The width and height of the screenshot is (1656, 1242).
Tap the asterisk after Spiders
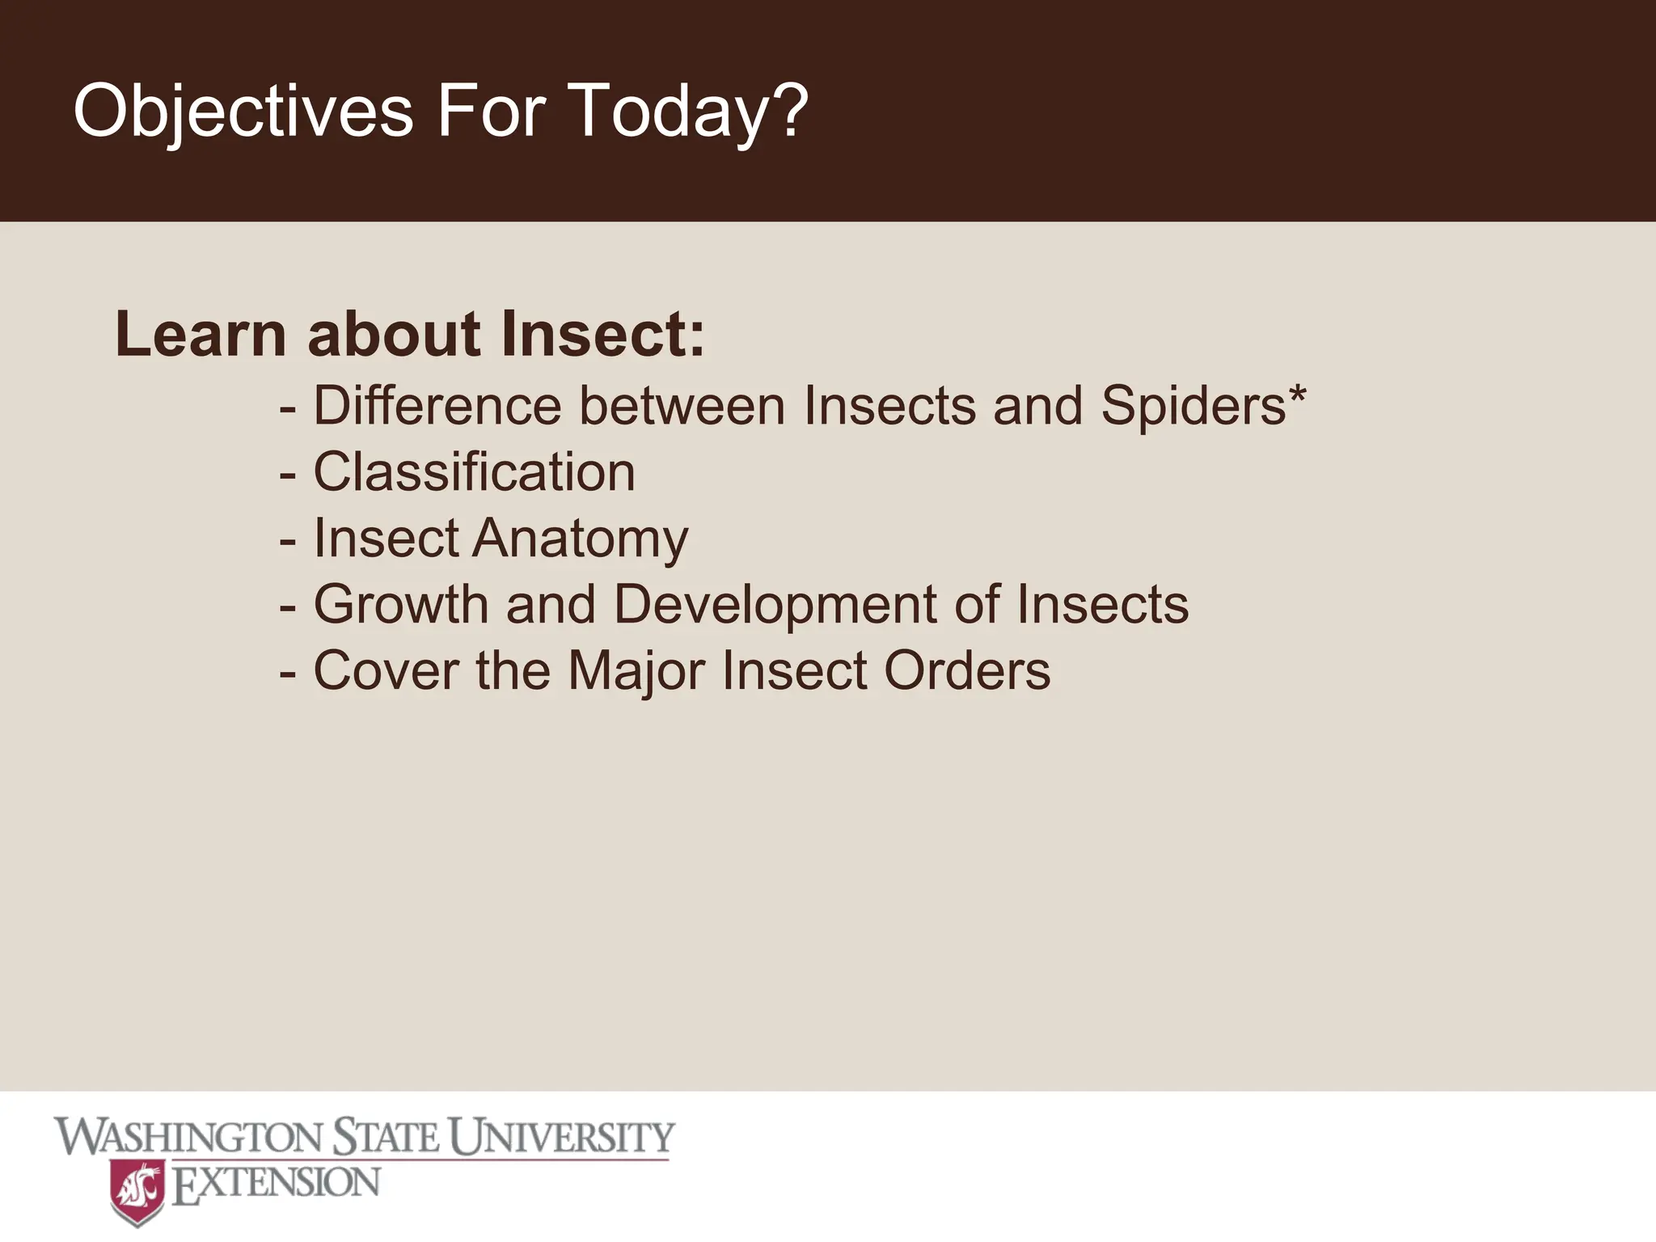(1297, 394)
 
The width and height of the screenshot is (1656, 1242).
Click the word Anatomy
(580, 539)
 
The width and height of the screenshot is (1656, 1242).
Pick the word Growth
(401, 604)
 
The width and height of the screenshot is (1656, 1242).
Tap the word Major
(636, 670)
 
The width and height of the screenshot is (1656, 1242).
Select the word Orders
(967, 670)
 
